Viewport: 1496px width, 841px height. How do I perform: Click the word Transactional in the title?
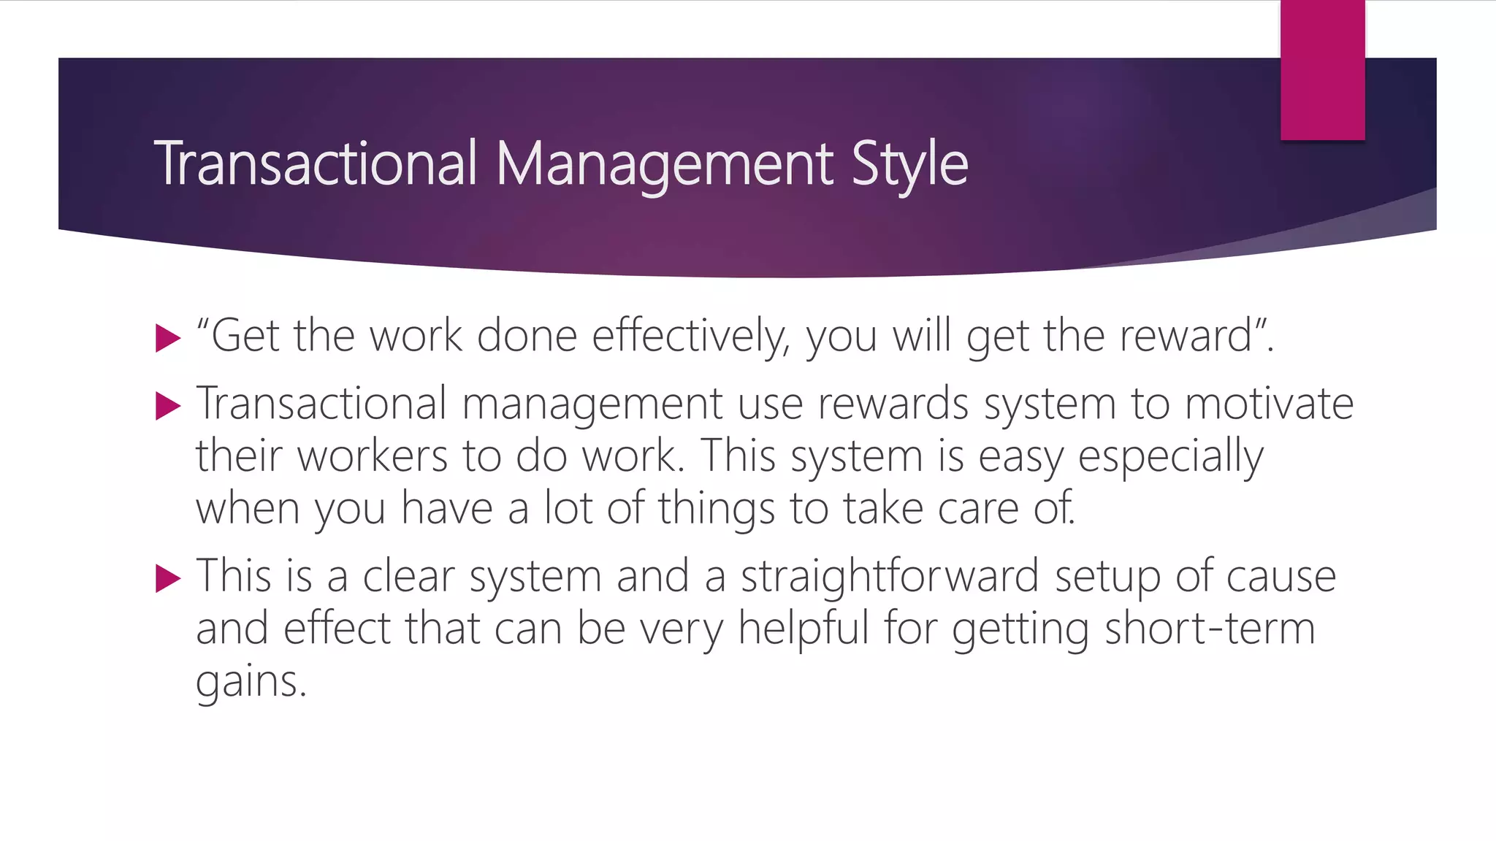[x=316, y=163]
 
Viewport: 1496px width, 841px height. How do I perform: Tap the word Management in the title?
[x=665, y=164]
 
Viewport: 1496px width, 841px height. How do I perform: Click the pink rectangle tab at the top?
[x=1322, y=69]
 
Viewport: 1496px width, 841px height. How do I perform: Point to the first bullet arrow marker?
[x=168, y=338]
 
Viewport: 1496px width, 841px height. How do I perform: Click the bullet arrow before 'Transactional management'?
[x=168, y=406]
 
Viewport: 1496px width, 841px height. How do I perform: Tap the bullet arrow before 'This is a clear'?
[x=168, y=579]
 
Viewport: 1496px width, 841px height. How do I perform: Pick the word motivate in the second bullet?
[x=1269, y=404]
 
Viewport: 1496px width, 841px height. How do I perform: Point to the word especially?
[x=1170, y=457]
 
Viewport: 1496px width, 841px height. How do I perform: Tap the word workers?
[x=373, y=456]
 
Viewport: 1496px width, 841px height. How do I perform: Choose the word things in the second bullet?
[x=716, y=509]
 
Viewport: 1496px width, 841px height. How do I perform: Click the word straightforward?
[x=890, y=576]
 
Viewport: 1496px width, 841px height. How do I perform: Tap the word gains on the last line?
[x=250, y=682]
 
